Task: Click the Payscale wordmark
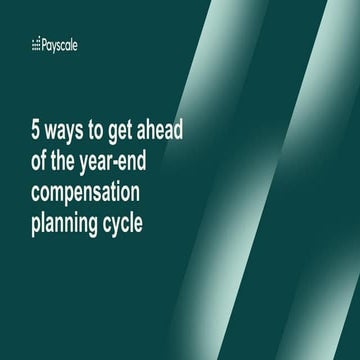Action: tap(59, 45)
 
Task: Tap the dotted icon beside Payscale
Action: tap(37, 45)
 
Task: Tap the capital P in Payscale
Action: tap(45, 45)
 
